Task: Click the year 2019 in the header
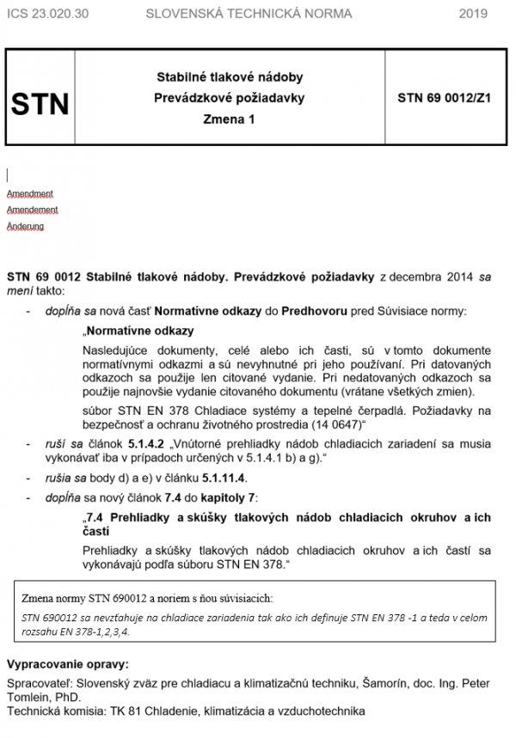(473, 13)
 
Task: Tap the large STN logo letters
(40, 104)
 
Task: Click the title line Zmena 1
(229, 120)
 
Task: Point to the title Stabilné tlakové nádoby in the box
(229, 77)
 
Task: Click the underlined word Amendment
(30, 193)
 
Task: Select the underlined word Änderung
(26, 226)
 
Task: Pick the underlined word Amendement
(33, 210)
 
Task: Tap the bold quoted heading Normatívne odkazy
(139, 330)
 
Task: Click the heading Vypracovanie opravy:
(67, 665)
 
